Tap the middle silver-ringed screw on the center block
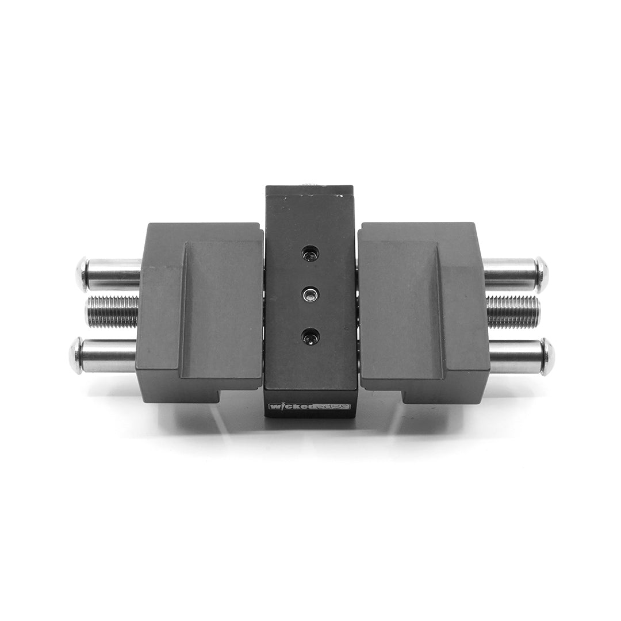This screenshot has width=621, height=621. [310, 294]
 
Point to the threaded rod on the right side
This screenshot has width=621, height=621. [512, 311]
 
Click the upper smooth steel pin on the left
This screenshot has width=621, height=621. [112, 274]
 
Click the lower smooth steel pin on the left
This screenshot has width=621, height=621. [106, 355]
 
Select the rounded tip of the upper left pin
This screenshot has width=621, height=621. [81, 274]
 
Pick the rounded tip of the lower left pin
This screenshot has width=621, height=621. [75, 355]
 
